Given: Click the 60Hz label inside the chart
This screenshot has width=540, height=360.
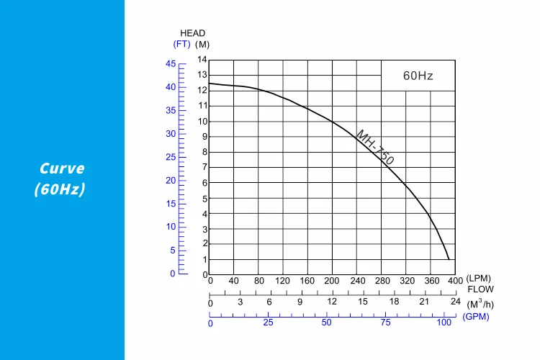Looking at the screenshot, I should (x=418, y=76).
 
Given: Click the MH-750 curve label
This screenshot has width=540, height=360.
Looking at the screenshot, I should (x=375, y=148).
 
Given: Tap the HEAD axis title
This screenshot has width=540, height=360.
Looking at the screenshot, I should (x=192, y=33).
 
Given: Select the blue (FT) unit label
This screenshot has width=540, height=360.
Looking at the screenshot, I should (x=181, y=44).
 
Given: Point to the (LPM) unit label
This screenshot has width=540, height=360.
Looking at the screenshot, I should (x=478, y=279).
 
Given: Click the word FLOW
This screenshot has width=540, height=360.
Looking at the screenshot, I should (x=480, y=289).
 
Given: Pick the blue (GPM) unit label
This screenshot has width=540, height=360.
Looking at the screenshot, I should (x=477, y=316).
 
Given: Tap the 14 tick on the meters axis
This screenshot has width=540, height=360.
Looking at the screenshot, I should (x=202, y=60).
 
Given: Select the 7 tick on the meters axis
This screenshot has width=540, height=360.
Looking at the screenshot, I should (x=204, y=167).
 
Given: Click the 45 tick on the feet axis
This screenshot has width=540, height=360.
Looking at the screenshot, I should (x=171, y=64).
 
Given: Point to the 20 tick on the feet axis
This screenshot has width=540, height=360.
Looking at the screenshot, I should (x=171, y=180).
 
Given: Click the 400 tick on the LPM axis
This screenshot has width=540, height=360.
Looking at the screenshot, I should (x=455, y=281).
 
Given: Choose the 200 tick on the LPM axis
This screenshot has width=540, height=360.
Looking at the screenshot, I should (x=331, y=281).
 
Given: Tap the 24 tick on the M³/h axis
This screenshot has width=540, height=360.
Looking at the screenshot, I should (x=455, y=302).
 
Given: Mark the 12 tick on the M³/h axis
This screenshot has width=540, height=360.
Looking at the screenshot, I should (x=332, y=302).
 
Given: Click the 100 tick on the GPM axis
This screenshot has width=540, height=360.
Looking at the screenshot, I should (x=445, y=323).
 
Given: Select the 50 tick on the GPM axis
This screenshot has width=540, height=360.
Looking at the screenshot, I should (x=327, y=323).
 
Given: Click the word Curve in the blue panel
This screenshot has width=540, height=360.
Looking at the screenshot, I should (x=62, y=169).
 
